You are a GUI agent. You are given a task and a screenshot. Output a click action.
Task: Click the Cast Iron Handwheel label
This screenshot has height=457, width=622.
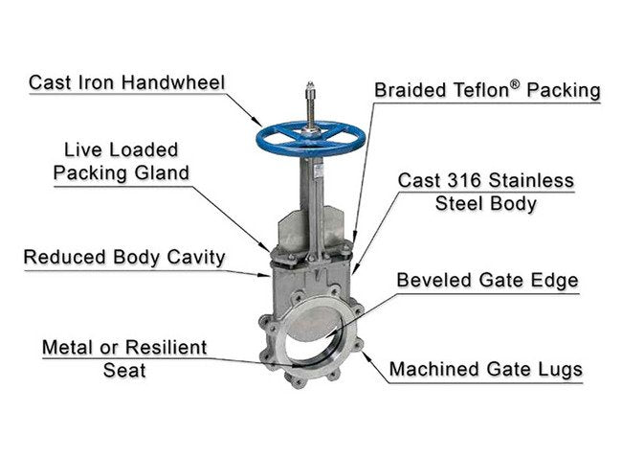(x=126, y=82)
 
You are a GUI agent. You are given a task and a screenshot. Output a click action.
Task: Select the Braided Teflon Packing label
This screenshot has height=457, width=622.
(x=487, y=91)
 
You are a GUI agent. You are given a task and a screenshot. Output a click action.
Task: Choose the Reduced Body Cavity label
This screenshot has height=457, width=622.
(x=124, y=257)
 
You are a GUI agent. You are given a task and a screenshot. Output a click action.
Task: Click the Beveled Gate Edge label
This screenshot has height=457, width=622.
(x=488, y=281)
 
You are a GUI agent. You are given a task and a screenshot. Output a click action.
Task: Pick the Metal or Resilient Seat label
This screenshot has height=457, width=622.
(x=124, y=357)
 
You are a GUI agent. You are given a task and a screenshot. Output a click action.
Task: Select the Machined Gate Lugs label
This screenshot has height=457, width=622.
(x=485, y=369)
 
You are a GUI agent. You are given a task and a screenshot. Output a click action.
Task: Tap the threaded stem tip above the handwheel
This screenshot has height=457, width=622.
(x=312, y=94)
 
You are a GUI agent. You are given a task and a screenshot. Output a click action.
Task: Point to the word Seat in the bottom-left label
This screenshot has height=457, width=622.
(x=124, y=369)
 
